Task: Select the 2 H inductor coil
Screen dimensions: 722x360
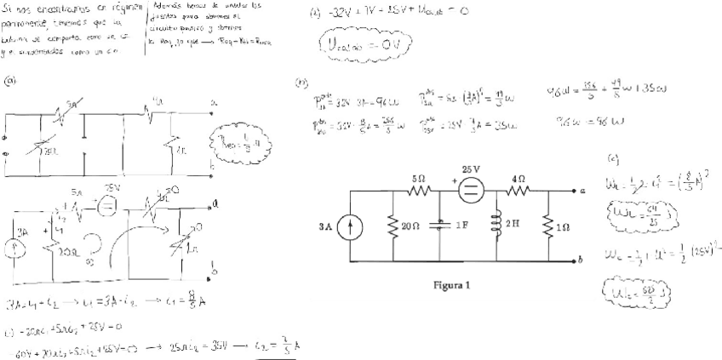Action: (x=497, y=225)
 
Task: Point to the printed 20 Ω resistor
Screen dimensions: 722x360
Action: (x=393, y=226)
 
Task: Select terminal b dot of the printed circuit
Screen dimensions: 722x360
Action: (x=571, y=259)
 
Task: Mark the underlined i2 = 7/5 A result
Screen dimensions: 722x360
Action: (x=278, y=349)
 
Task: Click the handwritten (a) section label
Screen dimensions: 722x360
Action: (x=11, y=82)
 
